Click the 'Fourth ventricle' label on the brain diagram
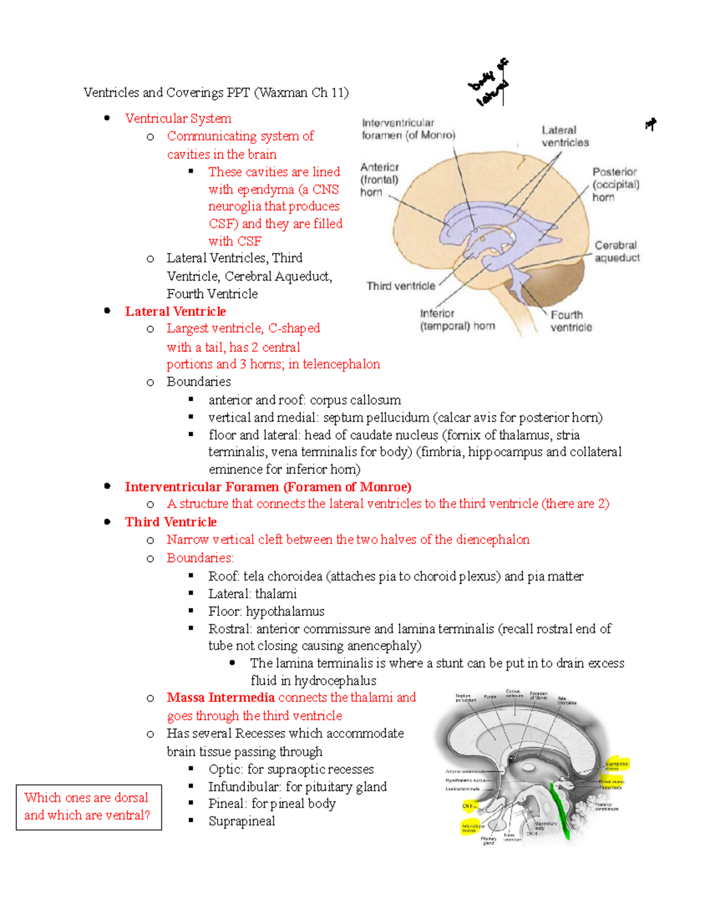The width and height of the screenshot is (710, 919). click(570, 321)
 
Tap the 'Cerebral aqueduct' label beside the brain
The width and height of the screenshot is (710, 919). click(617, 251)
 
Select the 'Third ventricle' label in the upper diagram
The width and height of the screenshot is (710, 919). click(401, 286)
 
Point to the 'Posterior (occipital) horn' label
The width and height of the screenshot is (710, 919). click(615, 184)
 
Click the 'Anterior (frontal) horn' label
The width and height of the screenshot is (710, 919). click(379, 179)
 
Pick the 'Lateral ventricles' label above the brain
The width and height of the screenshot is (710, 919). click(564, 137)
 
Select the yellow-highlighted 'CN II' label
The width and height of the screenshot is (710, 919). click(467, 805)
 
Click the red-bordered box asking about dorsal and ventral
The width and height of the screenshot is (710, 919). click(88, 807)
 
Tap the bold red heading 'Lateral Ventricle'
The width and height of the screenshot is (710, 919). click(175, 311)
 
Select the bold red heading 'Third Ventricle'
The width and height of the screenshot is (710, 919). click(170, 522)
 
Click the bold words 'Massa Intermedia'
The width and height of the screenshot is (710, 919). click(220, 698)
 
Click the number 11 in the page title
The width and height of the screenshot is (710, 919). click(338, 92)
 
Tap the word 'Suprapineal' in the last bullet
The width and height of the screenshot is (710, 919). click(241, 821)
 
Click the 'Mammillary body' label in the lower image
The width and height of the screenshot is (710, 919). click(545, 825)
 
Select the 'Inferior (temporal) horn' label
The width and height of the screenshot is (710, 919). click(457, 320)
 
